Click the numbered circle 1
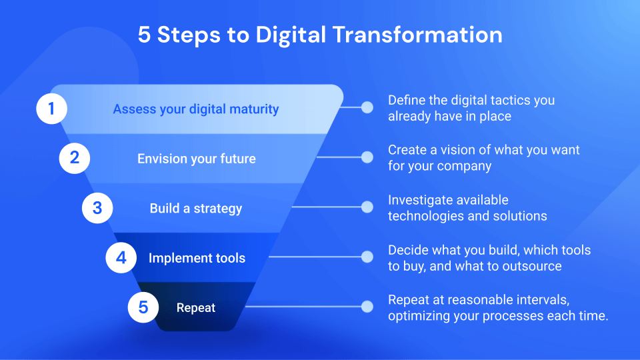click(x=51, y=109)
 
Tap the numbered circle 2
click(x=74, y=158)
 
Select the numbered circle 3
click(x=97, y=208)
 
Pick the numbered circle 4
click(x=121, y=257)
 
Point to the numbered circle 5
click(x=143, y=307)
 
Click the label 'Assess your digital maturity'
click(x=196, y=109)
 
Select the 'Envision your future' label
click(x=196, y=159)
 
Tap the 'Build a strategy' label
click(x=196, y=209)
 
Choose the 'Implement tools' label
click(x=197, y=258)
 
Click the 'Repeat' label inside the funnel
click(x=196, y=308)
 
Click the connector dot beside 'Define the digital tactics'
click(x=367, y=107)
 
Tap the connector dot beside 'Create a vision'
click(x=367, y=157)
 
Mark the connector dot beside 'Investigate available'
click(x=367, y=207)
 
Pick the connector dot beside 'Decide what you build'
click(x=367, y=257)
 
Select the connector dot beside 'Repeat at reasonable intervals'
click(x=367, y=307)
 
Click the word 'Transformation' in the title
click(x=417, y=35)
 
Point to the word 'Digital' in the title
click(x=291, y=35)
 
